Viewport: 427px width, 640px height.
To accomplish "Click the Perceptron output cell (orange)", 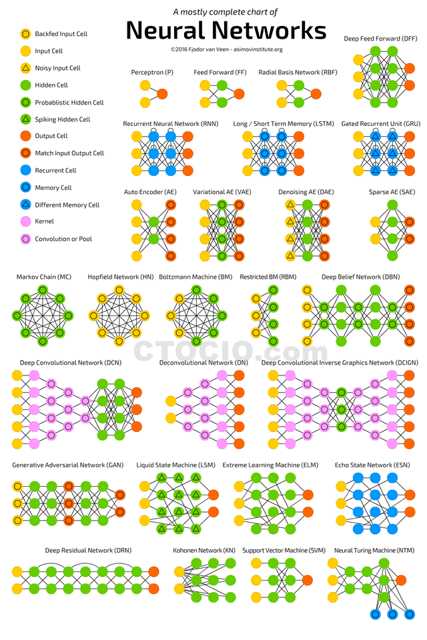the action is click(162, 94).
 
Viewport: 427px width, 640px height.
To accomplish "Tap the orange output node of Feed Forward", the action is click(239, 94).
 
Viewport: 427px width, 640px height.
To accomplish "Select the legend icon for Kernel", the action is click(26, 221).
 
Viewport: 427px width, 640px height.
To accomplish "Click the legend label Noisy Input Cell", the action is click(57, 68).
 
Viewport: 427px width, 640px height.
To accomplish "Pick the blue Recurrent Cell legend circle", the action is click(26, 170).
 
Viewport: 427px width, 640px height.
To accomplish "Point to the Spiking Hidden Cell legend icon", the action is click(26, 119).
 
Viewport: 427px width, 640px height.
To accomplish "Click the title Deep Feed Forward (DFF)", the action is click(380, 39).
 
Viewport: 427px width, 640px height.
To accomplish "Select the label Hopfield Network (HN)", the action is click(121, 277).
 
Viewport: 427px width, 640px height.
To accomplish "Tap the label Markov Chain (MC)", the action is click(44, 277).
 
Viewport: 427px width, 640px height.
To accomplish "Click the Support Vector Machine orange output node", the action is click(308, 580).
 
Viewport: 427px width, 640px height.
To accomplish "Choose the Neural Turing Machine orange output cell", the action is click(401, 580).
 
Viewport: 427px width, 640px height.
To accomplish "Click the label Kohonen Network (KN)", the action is click(204, 550).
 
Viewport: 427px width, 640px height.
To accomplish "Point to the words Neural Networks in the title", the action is click(226, 31).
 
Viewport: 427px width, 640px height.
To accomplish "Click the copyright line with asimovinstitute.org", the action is click(227, 49).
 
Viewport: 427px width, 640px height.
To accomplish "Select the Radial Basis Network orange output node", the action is click(316, 94).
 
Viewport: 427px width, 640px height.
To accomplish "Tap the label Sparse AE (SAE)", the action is click(392, 192).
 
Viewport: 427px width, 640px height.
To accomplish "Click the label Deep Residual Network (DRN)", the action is click(88, 550).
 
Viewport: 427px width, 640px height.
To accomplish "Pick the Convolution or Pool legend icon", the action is click(26, 239).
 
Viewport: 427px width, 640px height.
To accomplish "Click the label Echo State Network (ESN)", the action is click(372, 465).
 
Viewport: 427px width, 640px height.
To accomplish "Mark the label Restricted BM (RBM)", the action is click(268, 277).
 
